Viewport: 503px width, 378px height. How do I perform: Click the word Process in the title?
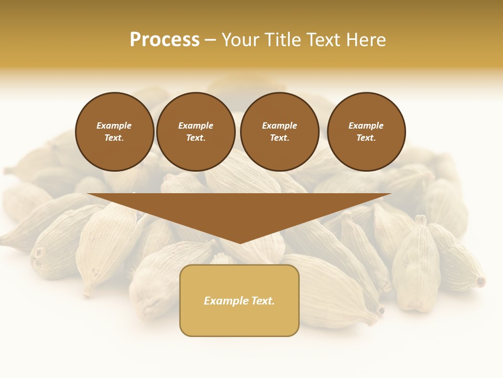click(165, 40)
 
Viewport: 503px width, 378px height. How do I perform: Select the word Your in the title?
click(240, 40)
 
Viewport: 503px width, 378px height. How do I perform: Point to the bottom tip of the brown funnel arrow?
click(240, 243)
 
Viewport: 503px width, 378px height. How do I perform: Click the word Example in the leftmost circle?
click(114, 125)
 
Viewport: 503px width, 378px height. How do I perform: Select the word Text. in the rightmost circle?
click(366, 138)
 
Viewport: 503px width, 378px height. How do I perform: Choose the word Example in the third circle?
click(279, 125)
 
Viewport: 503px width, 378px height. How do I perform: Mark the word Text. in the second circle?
click(195, 138)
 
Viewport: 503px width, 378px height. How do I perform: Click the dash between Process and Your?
click(210, 40)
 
